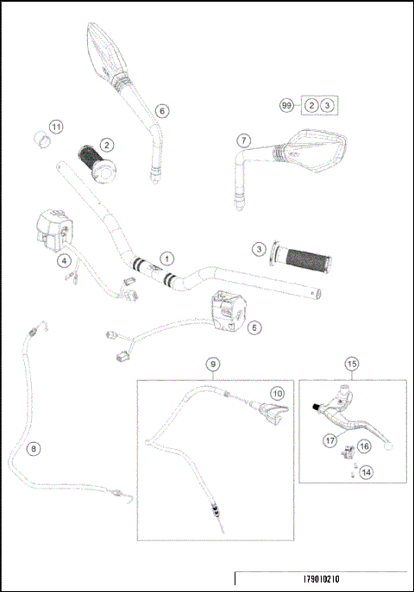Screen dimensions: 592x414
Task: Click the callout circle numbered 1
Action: pos(166,257)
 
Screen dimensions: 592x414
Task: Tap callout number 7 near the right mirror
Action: pos(244,140)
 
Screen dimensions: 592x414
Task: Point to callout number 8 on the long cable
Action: pos(34,448)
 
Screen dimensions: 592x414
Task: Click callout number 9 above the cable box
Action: pos(212,365)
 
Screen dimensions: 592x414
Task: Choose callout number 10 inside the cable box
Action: pos(277,392)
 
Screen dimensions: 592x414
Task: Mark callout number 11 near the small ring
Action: pos(55,127)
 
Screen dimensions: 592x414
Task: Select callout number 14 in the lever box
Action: pos(367,471)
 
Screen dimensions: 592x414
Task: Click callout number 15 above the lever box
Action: pos(351,365)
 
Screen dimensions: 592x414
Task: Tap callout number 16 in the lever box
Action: pos(364,446)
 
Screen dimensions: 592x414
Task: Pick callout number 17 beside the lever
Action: pos(329,440)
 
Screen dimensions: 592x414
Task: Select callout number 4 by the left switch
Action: pos(64,259)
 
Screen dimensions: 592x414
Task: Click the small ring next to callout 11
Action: pos(38,138)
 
